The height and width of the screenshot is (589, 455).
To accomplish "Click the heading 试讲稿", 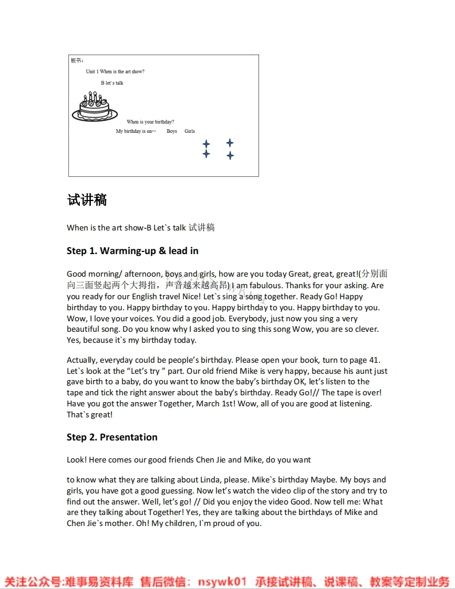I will point(87,200).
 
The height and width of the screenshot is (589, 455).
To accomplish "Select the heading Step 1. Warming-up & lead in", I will point(132,251).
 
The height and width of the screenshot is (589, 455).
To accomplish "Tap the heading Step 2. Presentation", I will point(112,437).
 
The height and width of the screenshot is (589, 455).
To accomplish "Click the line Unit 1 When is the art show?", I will point(115,71).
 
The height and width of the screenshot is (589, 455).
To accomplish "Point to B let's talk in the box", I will point(112,83).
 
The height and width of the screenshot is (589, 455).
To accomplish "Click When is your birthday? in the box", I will point(150,122).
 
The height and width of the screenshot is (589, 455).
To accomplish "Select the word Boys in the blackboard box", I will point(172,131).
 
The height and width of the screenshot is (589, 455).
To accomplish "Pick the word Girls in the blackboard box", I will point(190,131).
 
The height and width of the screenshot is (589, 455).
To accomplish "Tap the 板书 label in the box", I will point(77,60).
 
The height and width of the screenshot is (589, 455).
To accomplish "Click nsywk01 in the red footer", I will point(222,582).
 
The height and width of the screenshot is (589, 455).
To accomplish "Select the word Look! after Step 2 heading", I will point(77,460).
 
